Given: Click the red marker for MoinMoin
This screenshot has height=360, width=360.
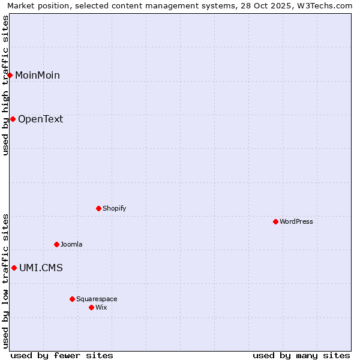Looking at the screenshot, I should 10,75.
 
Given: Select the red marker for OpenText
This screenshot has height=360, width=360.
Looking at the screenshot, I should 13,119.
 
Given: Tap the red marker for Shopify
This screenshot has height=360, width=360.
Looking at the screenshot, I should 99,208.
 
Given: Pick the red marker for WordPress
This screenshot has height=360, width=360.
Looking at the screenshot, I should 275,221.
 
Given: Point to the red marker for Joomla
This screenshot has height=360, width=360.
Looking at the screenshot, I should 57,244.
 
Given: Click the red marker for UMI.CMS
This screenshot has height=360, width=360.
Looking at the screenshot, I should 14,268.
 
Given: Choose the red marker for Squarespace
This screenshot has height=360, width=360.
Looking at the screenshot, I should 72,299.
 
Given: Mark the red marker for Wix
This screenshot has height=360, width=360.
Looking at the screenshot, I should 91,307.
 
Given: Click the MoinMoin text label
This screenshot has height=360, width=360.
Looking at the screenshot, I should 37,75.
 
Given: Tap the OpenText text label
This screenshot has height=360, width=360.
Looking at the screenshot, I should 40,119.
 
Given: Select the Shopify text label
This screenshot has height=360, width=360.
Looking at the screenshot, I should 114,208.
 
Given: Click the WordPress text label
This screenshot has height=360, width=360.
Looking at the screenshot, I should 296,221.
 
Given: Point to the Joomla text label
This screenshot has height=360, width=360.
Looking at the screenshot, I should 71,244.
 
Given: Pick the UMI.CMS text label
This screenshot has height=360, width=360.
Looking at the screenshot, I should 41,268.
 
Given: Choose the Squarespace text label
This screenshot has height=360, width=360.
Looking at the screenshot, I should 97,299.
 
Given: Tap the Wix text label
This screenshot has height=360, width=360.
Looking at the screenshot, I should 101,307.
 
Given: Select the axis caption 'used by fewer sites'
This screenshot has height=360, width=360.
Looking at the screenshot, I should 62,355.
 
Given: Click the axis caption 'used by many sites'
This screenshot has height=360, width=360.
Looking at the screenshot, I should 301,355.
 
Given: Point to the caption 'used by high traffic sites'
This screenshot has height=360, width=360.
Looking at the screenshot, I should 5,85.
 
